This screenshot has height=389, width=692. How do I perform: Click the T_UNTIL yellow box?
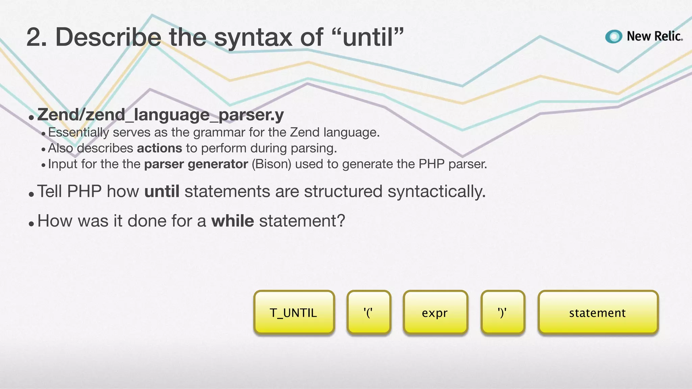click(x=294, y=312)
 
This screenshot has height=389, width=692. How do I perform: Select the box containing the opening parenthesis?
click(x=369, y=312)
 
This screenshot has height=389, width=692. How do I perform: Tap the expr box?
click(x=435, y=312)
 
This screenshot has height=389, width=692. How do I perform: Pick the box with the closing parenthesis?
click(x=503, y=312)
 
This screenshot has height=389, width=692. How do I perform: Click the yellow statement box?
click(x=598, y=312)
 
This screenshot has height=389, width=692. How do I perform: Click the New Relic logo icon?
click(x=614, y=36)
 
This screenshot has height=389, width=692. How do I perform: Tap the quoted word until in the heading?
click(x=368, y=37)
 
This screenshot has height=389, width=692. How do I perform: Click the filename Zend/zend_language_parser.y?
click(x=160, y=115)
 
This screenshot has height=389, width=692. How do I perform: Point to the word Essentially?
click(x=78, y=132)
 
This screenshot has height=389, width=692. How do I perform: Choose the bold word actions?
click(x=159, y=148)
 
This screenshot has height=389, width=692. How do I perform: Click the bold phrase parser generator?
click(x=196, y=164)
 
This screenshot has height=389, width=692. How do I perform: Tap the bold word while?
click(x=232, y=221)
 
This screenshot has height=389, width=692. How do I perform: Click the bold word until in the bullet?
click(x=162, y=191)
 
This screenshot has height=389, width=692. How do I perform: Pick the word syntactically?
click(x=437, y=191)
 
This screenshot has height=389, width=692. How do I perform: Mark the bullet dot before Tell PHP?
click(x=31, y=194)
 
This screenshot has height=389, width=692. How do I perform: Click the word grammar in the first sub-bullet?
click(x=219, y=132)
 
